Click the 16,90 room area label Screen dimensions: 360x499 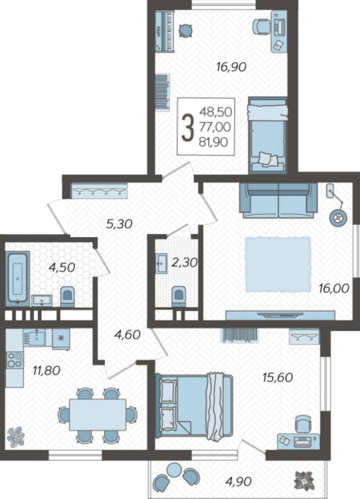pos(231,67)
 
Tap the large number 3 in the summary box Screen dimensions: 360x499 pos(188,128)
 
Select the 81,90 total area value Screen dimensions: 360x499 pos(214,142)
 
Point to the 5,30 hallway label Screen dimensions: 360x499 pos(119,224)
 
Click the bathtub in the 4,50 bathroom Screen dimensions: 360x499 pos(17,279)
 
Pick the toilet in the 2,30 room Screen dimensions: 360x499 pos(179,297)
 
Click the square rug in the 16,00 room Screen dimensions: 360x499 pos(278,264)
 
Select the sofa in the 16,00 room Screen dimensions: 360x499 pos(279,201)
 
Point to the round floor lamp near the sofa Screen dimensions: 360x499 pos(338,218)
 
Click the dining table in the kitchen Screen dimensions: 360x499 pos(97,415)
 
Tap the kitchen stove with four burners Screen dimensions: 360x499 pos(15,360)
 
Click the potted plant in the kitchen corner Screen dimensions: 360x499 pos(16,437)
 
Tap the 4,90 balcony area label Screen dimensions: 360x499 pos(238,482)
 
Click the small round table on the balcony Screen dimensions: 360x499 pos(174,470)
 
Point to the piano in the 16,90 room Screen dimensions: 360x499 pos(165,31)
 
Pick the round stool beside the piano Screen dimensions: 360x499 pos(185,31)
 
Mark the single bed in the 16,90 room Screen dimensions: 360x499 pos(268,135)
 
